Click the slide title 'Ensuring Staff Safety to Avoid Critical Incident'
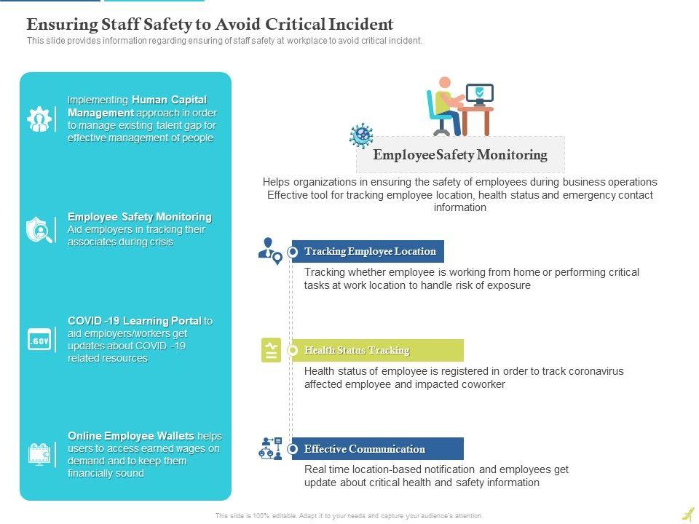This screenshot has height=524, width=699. pos(210,24)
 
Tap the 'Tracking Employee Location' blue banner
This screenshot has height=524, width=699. pos(370,252)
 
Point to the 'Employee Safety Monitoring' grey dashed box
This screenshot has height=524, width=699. pos(460,155)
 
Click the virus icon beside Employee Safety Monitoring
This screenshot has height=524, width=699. pos(361,135)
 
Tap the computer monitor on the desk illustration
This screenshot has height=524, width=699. pos(479,93)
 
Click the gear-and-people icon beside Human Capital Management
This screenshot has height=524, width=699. pos(39,119)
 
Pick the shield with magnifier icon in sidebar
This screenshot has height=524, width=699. pos(39,229)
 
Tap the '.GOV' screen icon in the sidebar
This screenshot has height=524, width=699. pos(39,340)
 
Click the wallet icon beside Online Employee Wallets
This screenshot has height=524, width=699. pos(39,454)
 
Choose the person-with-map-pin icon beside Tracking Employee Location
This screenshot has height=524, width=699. pos(270,251)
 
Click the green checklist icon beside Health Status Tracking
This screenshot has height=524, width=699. pos(271,351)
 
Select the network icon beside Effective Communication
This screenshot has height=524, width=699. pos(270,448)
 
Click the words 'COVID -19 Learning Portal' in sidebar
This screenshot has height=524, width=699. pos(135,321)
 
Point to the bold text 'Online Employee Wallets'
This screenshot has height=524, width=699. pos(131,436)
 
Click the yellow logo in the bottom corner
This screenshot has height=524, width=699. pos(687,515)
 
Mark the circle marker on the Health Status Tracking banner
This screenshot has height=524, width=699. pos(293,351)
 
